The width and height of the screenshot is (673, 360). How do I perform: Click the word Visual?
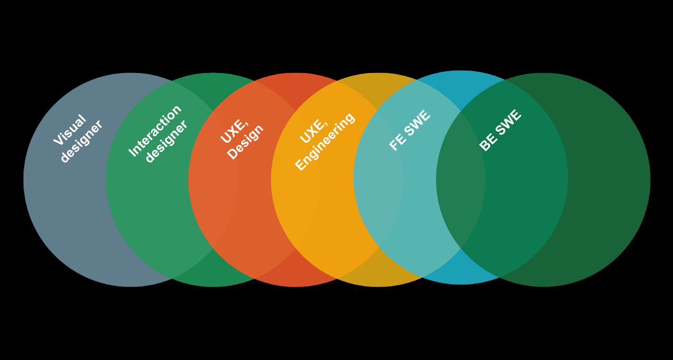[x=70, y=130]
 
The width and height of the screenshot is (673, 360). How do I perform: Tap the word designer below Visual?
[x=81, y=141]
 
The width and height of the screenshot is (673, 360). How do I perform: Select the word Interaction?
[x=155, y=130]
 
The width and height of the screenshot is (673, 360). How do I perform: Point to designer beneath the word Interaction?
[x=166, y=141]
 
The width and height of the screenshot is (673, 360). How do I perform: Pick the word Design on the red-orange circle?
[x=245, y=142]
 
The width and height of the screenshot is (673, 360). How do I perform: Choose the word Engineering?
[x=325, y=141]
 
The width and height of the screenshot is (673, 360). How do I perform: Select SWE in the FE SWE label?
[x=417, y=123]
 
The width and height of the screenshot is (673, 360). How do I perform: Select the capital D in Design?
[x=233, y=155]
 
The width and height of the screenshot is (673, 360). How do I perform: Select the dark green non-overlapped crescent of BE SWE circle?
[x=611, y=192]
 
